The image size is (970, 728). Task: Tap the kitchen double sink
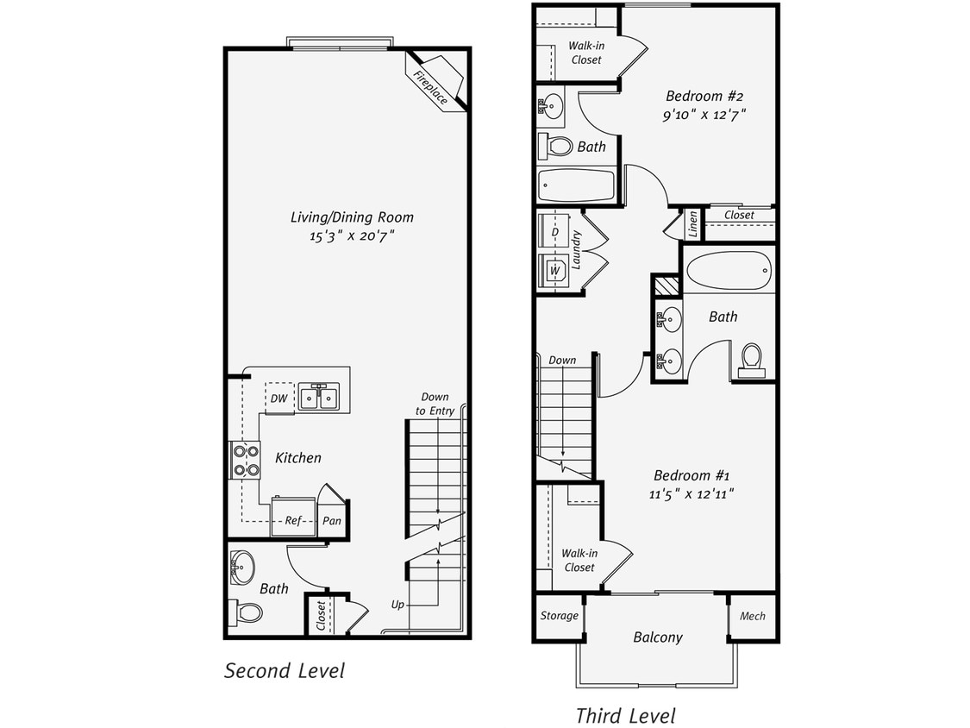pyautogui.click(x=318, y=398)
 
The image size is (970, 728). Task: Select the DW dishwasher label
pyautogui.click(x=278, y=399)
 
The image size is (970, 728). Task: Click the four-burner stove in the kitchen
pyautogui.click(x=246, y=460)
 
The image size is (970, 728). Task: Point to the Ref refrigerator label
pyautogui.click(x=292, y=520)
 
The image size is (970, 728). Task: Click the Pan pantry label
pyautogui.click(x=331, y=521)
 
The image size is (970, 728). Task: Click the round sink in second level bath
pyautogui.click(x=243, y=568)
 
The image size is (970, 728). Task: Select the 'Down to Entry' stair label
pyautogui.click(x=435, y=404)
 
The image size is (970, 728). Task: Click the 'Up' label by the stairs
pyautogui.click(x=397, y=605)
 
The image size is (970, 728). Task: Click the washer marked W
pyautogui.click(x=554, y=271)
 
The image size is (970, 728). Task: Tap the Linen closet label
pyautogui.click(x=693, y=224)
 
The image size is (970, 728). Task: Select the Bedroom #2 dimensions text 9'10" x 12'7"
pyautogui.click(x=704, y=115)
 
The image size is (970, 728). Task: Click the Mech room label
pyautogui.click(x=753, y=616)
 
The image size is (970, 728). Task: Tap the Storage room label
pyautogui.click(x=559, y=616)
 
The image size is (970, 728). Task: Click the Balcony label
pyautogui.click(x=657, y=637)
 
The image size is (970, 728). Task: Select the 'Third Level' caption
pyautogui.click(x=625, y=715)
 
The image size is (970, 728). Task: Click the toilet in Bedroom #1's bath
pyautogui.click(x=752, y=360)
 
